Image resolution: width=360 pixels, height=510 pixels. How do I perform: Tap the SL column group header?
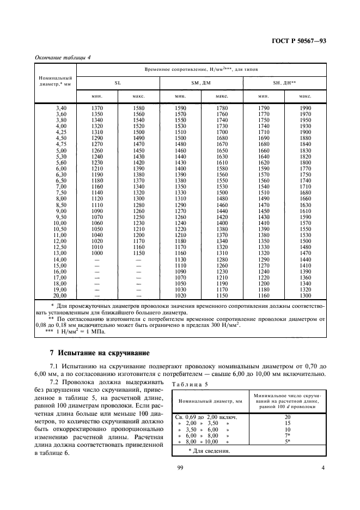118,83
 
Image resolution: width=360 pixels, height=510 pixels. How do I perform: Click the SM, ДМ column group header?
201,83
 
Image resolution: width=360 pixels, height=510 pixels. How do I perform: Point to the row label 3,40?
60,108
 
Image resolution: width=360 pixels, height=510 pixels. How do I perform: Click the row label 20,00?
59,295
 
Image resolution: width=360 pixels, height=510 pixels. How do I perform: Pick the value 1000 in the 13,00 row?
97,253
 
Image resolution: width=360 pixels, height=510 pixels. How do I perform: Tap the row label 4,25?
60,132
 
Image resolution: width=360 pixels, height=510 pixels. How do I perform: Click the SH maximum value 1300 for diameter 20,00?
305,295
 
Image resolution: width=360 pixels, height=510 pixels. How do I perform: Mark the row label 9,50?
60,217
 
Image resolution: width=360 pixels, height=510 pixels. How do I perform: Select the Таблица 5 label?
188,384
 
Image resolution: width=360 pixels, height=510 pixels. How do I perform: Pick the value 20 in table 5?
287,417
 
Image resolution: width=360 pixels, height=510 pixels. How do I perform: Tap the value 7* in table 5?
287,435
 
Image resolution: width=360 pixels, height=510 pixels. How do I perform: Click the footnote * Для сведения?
210,451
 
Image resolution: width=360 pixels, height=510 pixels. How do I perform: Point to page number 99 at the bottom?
180,467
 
